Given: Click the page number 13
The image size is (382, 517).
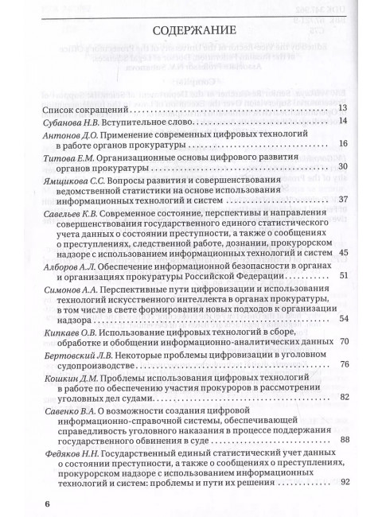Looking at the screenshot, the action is click(343, 107).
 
